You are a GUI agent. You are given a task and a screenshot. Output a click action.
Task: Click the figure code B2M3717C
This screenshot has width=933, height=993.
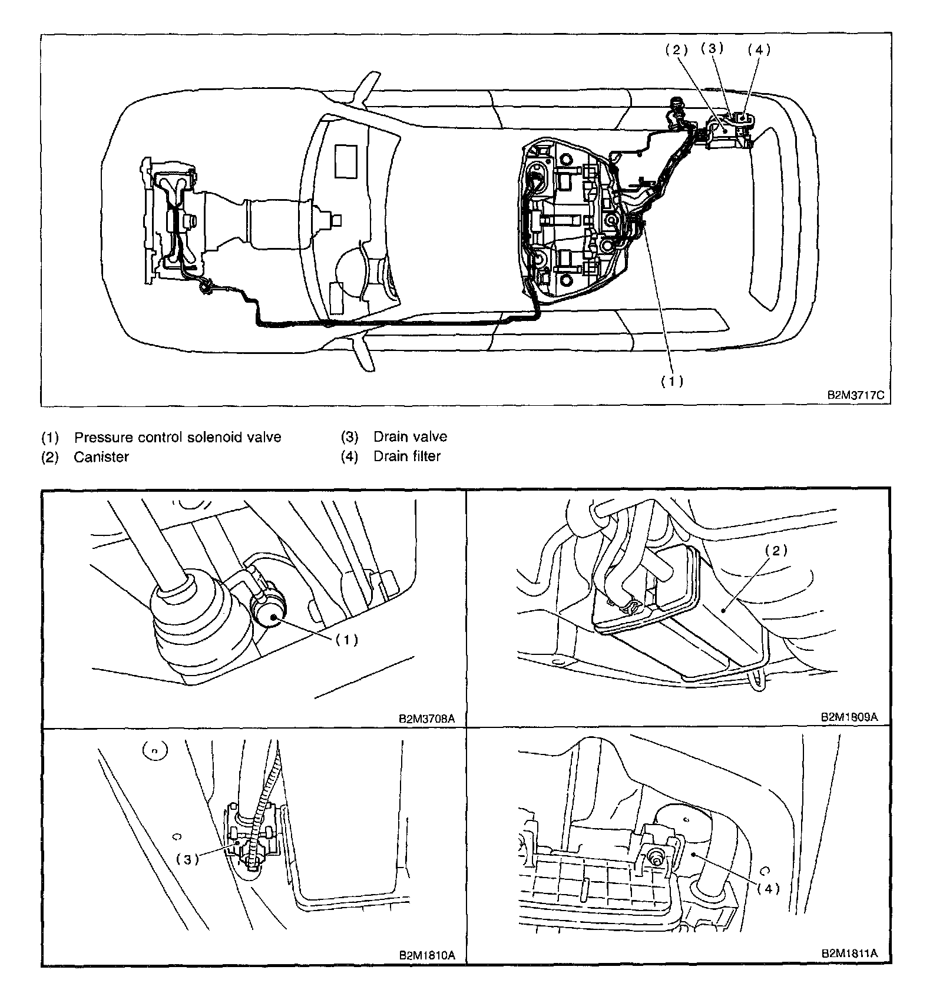coord(856,395)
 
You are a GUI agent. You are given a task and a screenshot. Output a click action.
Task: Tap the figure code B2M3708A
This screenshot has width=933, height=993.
coord(427,719)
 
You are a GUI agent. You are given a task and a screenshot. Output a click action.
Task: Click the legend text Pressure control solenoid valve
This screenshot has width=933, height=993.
coord(177,437)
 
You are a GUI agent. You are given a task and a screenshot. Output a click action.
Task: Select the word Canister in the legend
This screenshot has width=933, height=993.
coord(101,457)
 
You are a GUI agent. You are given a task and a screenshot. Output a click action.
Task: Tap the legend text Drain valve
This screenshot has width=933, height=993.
coord(410,437)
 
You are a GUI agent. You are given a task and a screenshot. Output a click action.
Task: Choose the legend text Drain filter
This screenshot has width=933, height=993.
coord(406,456)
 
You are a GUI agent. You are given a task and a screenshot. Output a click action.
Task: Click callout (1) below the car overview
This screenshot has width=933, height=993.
coord(671,381)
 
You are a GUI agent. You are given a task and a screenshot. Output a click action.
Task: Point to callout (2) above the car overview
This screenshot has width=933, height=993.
coord(677,50)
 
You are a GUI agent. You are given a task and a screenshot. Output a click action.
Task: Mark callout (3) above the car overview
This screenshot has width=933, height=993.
coord(712,48)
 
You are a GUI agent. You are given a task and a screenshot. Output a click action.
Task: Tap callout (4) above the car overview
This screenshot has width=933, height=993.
coord(759,50)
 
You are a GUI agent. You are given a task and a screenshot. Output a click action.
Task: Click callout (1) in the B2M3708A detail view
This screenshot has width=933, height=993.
coord(346,640)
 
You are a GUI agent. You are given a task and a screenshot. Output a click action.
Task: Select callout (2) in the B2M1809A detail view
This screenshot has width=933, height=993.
coord(776,550)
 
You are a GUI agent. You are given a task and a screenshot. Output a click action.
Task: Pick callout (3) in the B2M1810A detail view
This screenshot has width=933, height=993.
coord(187,859)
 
